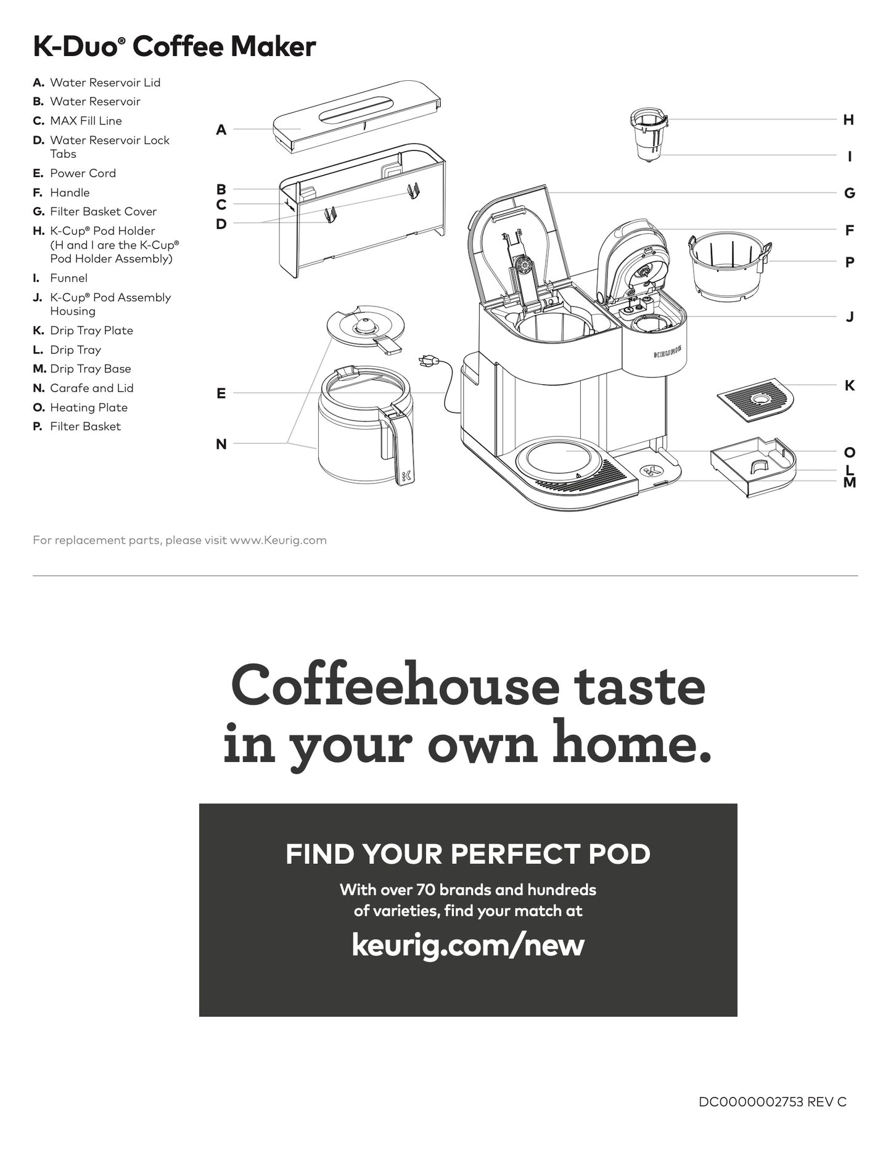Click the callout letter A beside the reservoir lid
(x=221, y=129)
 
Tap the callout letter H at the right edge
(x=848, y=120)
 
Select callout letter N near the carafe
(x=221, y=444)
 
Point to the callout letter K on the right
(x=849, y=385)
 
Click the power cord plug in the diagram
(x=427, y=361)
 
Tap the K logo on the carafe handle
(x=406, y=476)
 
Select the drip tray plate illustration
(x=755, y=400)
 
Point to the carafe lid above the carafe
(x=366, y=329)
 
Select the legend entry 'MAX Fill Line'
(x=77, y=121)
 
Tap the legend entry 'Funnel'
(x=60, y=278)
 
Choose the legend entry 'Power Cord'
(x=74, y=173)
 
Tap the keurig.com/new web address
(x=468, y=944)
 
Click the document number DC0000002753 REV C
(x=773, y=1102)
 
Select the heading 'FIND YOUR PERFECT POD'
(x=468, y=854)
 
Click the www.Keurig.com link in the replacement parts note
(x=278, y=541)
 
